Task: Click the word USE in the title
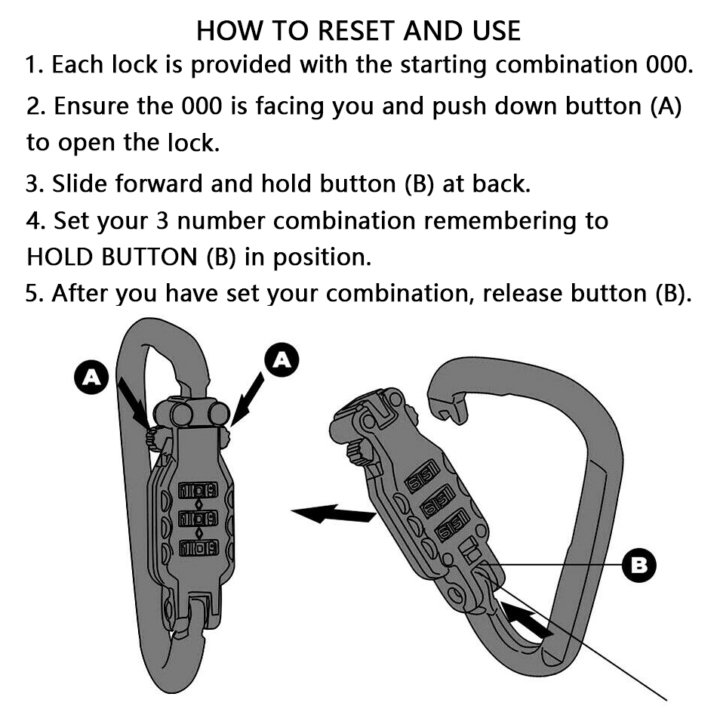pyautogui.click(x=493, y=30)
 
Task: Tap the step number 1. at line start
pyautogui.click(x=35, y=65)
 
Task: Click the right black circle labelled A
pyautogui.click(x=282, y=360)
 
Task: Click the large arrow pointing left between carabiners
pyautogui.click(x=334, y=514)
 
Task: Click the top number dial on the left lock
pyautogui.click(x=198, y=490)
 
